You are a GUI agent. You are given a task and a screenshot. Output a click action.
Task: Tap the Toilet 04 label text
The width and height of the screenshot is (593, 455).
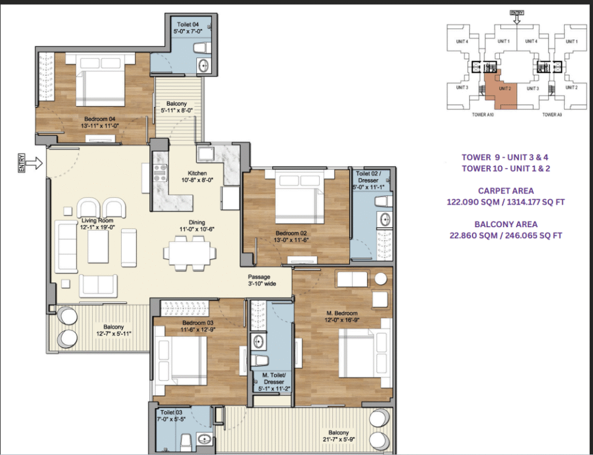(188, 24)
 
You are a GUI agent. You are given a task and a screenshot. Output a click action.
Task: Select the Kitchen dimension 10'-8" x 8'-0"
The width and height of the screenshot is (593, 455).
(197, 180)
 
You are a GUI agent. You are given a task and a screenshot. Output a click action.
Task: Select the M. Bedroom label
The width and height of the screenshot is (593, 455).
(342, 314)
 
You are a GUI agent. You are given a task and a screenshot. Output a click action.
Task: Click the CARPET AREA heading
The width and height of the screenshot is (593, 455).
(506, 191)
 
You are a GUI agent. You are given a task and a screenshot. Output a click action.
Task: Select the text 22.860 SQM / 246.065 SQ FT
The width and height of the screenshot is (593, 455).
(506, 235)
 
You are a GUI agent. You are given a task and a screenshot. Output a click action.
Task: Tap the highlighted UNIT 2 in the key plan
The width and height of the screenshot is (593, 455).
(503, 88)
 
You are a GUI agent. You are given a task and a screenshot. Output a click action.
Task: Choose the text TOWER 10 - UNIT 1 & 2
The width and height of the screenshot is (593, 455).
(506, 169)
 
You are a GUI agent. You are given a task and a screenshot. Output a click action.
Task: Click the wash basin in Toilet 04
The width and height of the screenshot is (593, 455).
(204, 66)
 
